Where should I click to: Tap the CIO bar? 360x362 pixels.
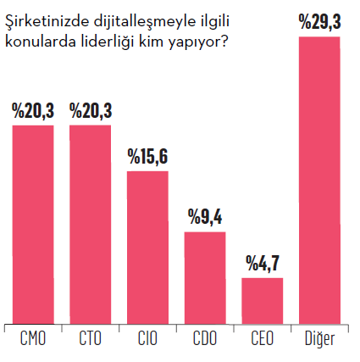click(x=147, y=247)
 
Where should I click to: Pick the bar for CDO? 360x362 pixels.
click(x=205, y=276)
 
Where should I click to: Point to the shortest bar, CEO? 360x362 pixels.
click(x=263, y=299)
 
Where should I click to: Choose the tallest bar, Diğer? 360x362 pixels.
click(x=320, y=179)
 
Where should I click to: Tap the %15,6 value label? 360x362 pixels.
click(x=147, y=158)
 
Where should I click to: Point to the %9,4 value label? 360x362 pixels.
click(x=205, y=218)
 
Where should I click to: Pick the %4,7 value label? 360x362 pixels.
click(x=263, y=265)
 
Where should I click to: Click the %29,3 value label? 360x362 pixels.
click(x=320, y=23)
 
